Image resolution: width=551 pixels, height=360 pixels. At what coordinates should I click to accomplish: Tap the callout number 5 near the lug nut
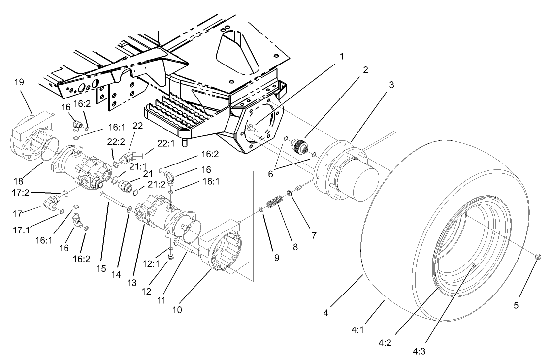(x=516, y=305)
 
